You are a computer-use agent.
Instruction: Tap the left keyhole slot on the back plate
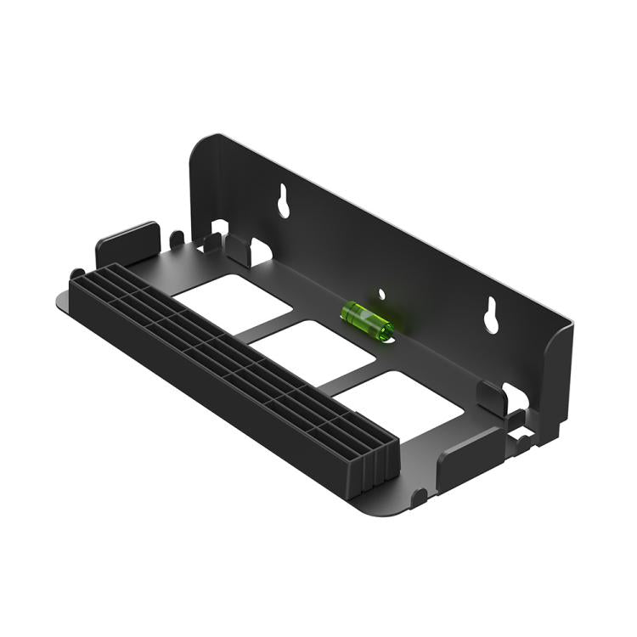[x=282, y=200]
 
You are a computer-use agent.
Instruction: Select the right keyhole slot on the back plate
[x=491, y=314]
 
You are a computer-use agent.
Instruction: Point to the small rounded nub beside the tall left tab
[x=177, y=239]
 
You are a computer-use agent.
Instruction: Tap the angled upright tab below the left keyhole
[x=239, y=250]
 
